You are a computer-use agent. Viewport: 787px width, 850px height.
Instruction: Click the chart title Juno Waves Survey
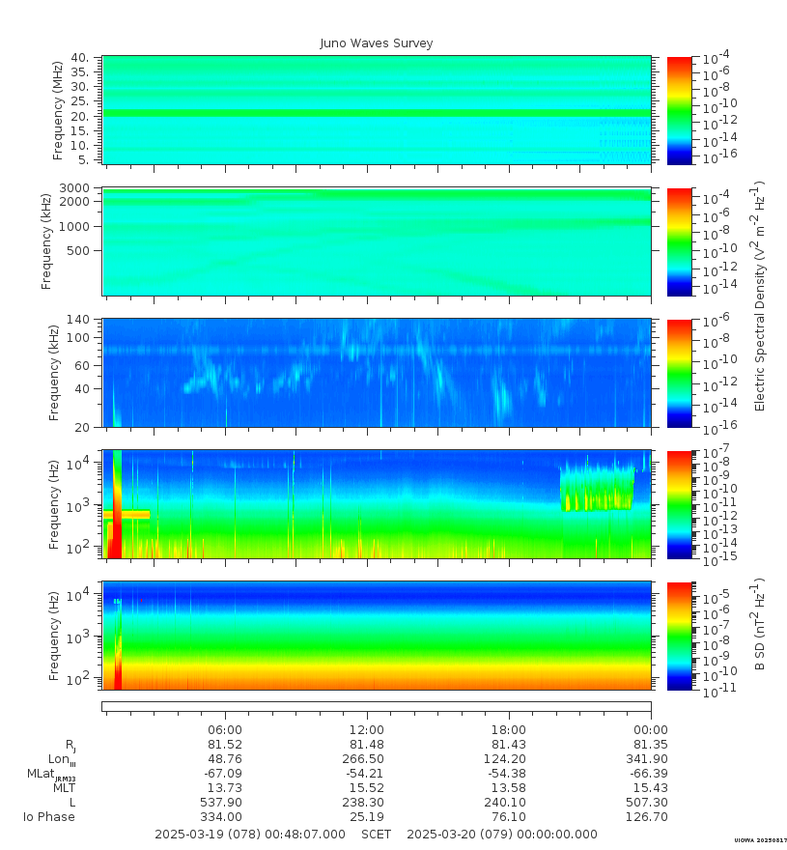click(377, 43)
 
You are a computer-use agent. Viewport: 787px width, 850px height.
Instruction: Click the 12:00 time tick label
click(367, 730)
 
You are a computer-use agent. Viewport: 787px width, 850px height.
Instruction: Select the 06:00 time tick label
click(226, 730)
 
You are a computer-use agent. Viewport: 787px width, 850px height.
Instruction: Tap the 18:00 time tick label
click(509, 730)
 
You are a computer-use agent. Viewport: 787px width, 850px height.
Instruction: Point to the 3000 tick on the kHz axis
click(76, 187)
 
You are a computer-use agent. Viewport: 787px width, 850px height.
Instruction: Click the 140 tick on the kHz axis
click(77, 320)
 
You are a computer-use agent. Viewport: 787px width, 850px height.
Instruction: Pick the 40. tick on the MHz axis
click(80, 58)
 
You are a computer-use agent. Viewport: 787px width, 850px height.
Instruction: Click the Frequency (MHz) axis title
click(57, 109)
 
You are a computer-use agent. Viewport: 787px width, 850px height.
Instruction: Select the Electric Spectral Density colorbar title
click(760, 296)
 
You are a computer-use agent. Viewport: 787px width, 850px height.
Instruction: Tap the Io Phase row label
click(49, 817)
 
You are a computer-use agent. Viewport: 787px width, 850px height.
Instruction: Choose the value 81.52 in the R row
click(226, 745)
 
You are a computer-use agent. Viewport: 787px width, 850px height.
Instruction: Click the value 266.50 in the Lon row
click(367, 759)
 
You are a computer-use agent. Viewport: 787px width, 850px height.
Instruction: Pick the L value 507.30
click(651, 803)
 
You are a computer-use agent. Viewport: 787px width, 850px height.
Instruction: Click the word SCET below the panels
click(377, 834)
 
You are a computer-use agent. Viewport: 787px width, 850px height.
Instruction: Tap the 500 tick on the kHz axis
click(76, 250)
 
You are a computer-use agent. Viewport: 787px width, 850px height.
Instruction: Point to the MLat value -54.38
click(509, 774)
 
